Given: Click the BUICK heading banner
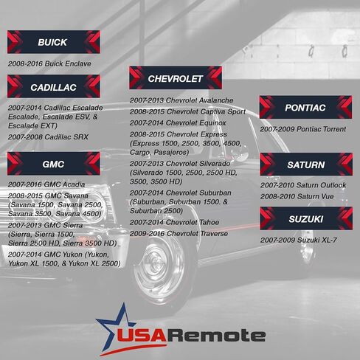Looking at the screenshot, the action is click(x=54, y=42).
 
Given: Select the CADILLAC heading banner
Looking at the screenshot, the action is click(x=54, y=86).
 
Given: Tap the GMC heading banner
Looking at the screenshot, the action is click(x=54, y=164).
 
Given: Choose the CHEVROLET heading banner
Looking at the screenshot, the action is click(x=176, y=78).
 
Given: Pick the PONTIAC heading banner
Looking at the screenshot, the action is click(x=305, y=108).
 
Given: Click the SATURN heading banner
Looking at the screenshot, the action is click(x=306, y=165).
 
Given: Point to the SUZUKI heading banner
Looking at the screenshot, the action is click(x=306, y=218).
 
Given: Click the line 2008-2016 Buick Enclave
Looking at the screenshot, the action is click(x=49, y=63).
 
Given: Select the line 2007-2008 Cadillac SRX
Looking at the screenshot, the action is click(x=48, y=137).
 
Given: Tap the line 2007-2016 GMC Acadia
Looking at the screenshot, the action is click(x=46, y=184).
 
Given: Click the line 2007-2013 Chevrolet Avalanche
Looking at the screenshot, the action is click(x=181, y=100).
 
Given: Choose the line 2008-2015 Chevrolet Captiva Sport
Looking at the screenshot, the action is click(x=187, y=111).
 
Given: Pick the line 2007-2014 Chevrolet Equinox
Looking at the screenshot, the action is click(x=178, y=123).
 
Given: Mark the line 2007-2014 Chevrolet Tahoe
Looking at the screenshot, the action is click(x=174, y=222).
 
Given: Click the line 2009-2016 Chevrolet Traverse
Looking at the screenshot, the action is click(x=179, y=234).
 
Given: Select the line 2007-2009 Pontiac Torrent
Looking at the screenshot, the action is click(x=303, y=129).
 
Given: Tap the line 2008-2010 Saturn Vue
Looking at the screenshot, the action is click(x=297, y=196).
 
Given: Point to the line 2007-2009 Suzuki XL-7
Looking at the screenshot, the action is click(x=299, y=240).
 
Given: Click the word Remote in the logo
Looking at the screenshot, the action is click(x=217, y=335).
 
